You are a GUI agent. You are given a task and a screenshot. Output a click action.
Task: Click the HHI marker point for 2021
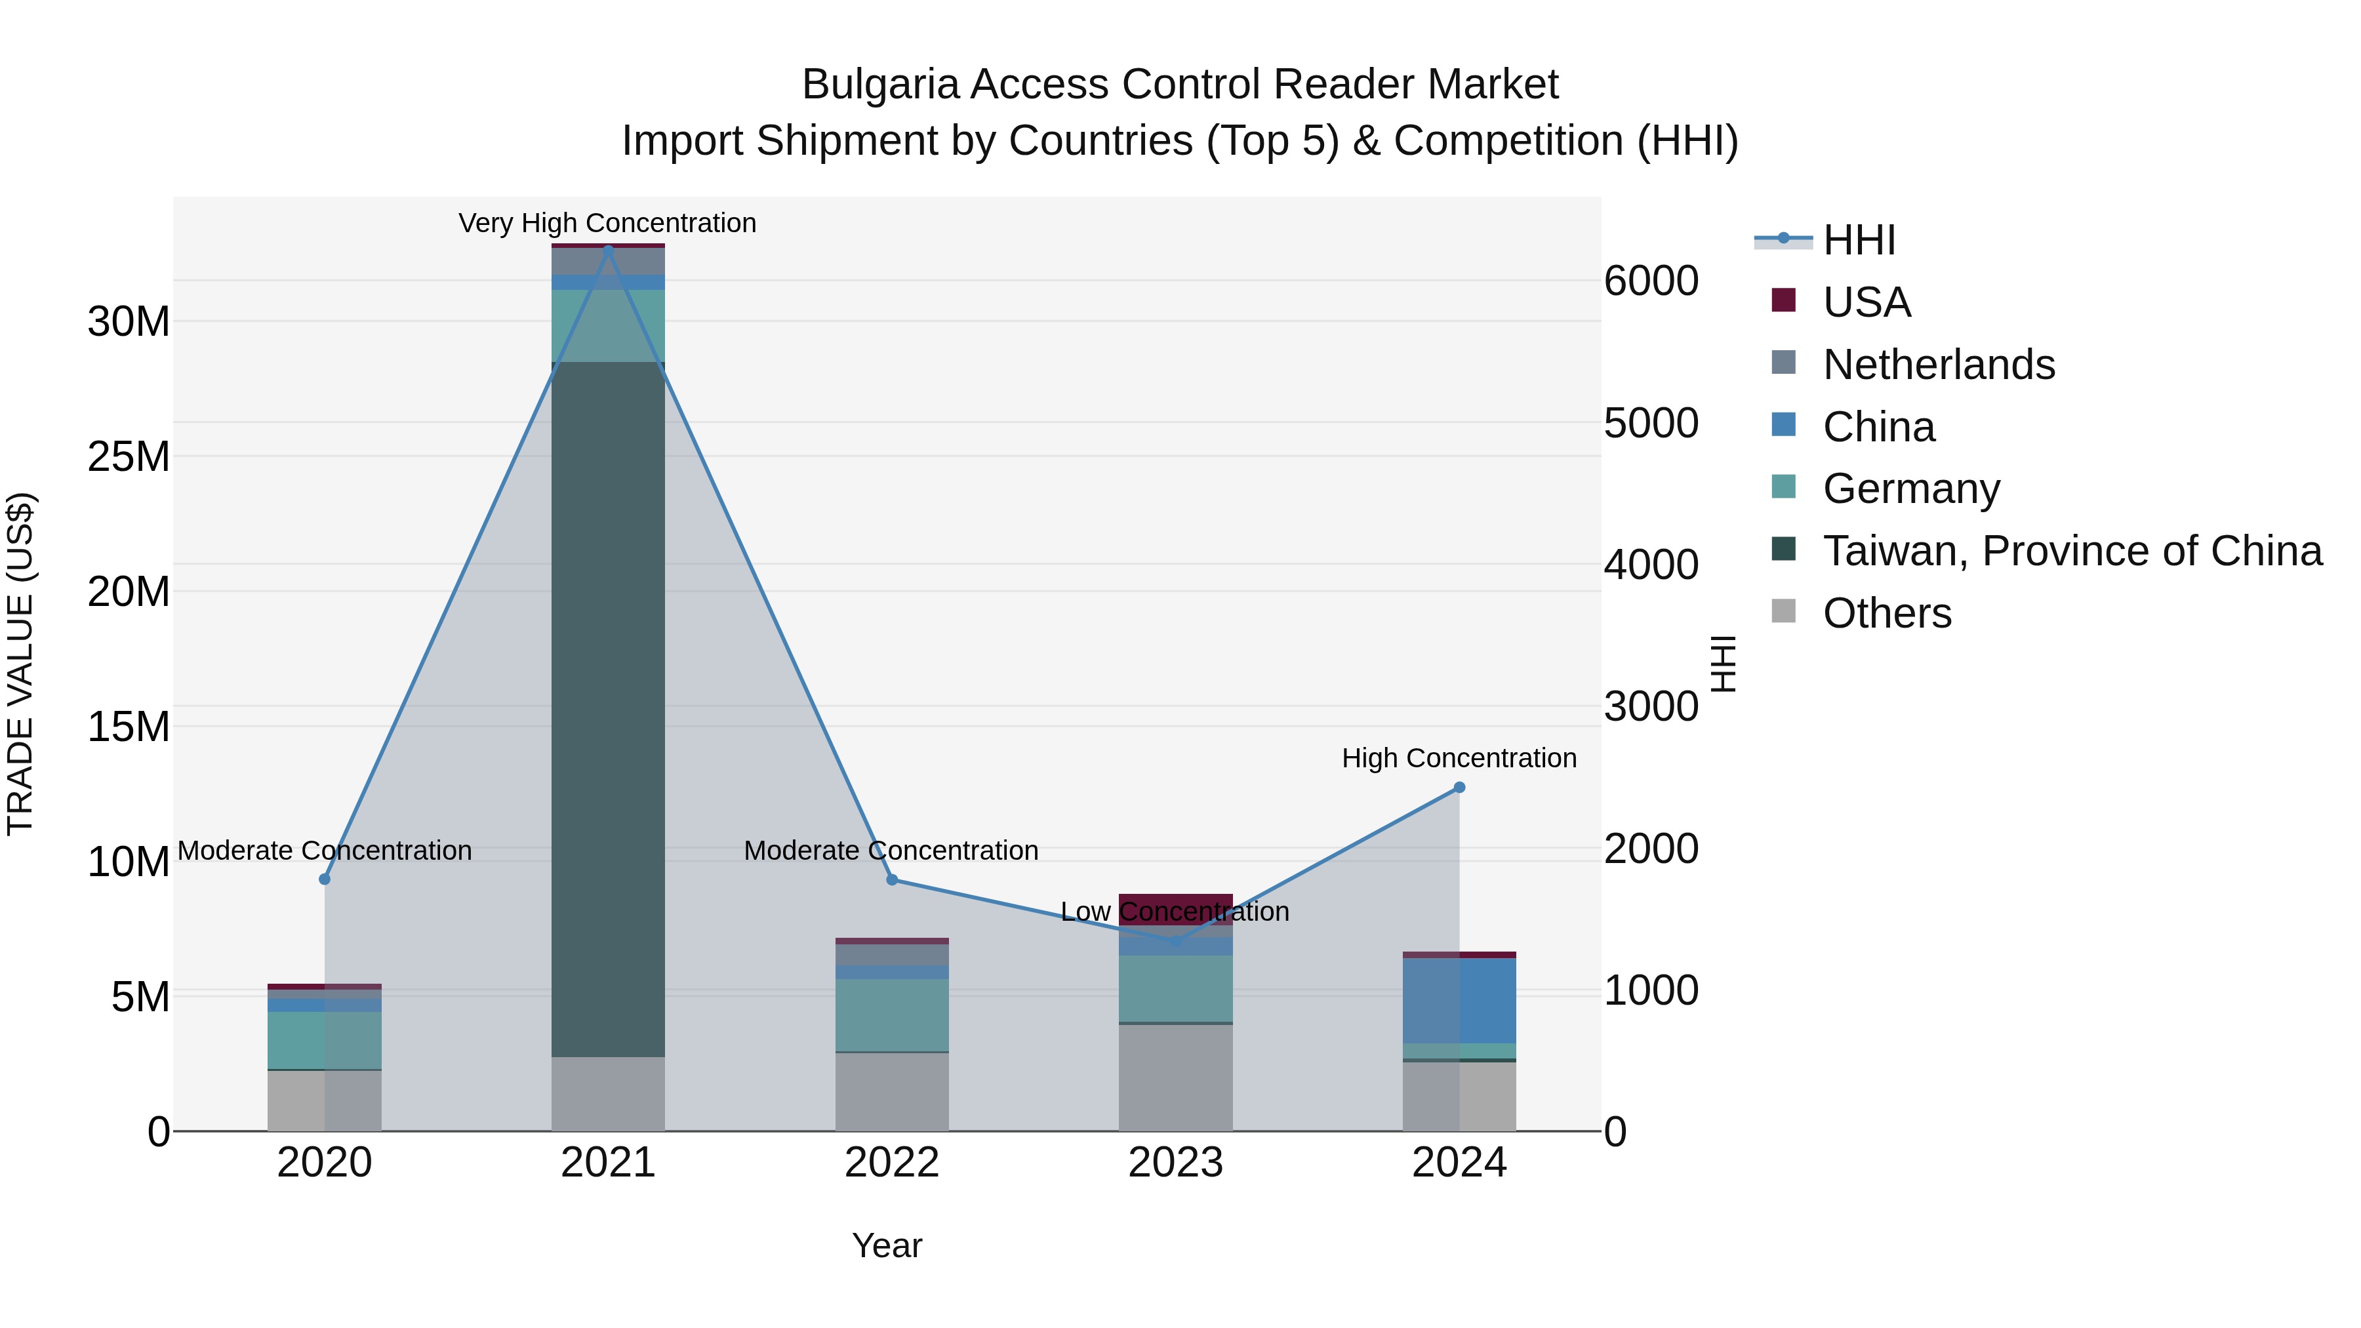[608, 249]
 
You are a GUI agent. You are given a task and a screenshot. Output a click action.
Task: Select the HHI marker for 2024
[1459, 787]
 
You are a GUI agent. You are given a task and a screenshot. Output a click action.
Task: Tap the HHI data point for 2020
[325, 879]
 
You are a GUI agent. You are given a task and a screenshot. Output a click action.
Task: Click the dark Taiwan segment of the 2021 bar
[608, 706]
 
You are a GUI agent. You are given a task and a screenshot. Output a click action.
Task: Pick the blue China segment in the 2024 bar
[1459, 1001]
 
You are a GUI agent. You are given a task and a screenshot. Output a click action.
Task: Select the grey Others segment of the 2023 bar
[1175, 1077]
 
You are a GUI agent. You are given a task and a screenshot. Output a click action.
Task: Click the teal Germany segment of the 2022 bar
[892, 1015]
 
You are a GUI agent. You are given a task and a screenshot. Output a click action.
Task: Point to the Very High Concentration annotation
[608, 223]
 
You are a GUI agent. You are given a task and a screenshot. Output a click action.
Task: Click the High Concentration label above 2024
[1459, 758]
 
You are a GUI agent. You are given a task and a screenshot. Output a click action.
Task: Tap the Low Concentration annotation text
[1175, 912]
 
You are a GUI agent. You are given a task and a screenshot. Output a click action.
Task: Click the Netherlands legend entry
[1939, 365]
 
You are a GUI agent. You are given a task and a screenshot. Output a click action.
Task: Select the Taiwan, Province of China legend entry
[2071, 551]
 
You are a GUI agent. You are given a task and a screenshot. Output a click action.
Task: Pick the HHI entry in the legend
[1859, 240]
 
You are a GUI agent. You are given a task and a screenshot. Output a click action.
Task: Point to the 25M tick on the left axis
[129, 456]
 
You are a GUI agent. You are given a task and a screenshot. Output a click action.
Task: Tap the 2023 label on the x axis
[1175, 1163]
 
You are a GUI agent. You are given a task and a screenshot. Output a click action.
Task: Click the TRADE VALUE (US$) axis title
[20, 664]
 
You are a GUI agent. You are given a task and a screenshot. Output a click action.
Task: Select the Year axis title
[886, 1245]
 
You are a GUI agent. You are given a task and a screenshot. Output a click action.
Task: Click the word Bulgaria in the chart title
[880, 85]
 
